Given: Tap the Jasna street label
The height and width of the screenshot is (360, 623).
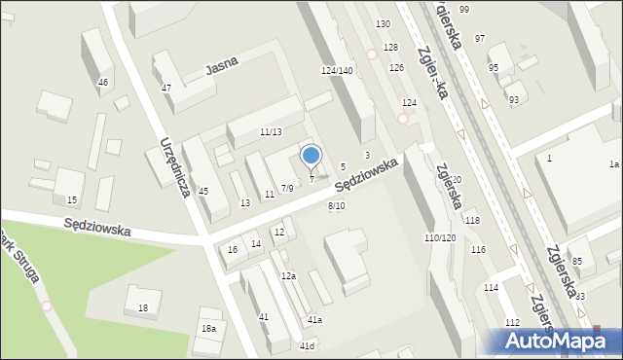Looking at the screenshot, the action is [x=222, y=66].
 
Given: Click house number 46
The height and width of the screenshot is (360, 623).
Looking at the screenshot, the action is [x=103, y=83].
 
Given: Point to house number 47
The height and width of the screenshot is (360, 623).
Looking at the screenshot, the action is [x=166, y=89].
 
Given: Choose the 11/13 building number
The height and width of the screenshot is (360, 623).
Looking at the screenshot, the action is [x=271, y=132].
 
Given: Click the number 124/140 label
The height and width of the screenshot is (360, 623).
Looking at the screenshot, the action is [x=337, y=71].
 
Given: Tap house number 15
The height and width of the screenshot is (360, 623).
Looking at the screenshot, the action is [x=71, y=200].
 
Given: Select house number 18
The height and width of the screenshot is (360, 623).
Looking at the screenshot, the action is [x=143, y=308].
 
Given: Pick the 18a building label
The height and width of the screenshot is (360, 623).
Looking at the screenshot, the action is [x=208, y=329].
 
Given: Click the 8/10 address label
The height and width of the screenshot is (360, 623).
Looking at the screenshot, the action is [x=336, y=205].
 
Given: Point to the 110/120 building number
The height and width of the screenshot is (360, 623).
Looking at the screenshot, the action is [x=440, y=238].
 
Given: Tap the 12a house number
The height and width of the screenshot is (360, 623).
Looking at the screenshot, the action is [x=288, y=276].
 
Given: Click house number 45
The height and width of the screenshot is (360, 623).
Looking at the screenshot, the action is [x=203, y=191].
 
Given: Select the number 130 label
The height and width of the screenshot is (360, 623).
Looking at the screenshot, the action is [x=384, y=23].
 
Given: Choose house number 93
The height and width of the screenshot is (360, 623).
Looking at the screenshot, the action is [x=513, y=100].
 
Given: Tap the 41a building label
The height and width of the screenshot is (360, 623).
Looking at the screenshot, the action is [x=315, y=320].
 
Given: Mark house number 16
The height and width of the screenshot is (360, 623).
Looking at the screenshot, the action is [x=232, y=250].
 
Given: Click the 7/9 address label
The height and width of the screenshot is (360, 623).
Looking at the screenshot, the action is [x=286, y=188].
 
